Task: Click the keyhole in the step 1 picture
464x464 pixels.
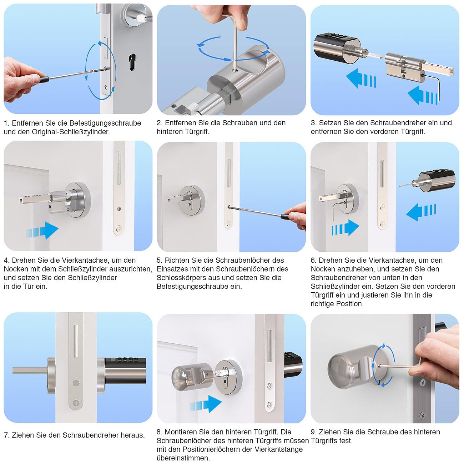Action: pyautogui.click(x=132, y=62)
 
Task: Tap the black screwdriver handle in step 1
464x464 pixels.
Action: pyautogui.click(x=44, y=79)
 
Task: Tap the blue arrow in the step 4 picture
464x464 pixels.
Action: pyautogui.click(x=42, y=231)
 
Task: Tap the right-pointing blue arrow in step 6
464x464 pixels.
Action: pyautogui.click(x=345, y=228)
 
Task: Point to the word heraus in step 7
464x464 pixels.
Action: pyautogui.click(x=132, y=435)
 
